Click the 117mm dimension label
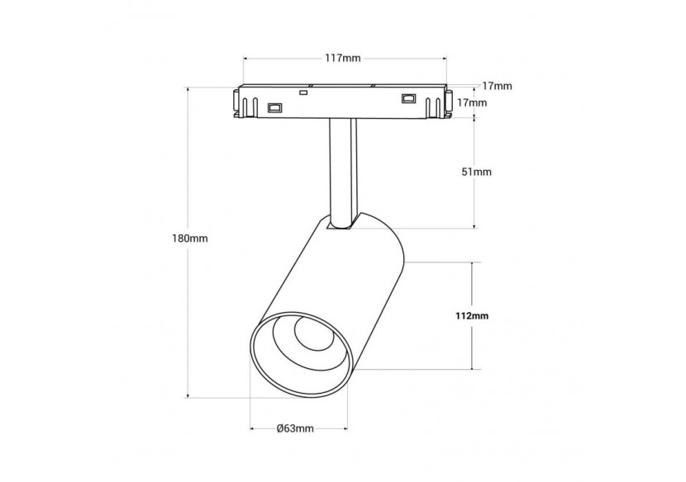point(342,58)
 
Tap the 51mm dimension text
point(476,172)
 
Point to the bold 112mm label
point(471,315)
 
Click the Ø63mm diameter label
point(295,428)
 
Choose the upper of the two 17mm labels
point(497,86)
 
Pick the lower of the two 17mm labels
point(472,102)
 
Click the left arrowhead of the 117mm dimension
point(245,58)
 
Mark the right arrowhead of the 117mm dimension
point(444,58)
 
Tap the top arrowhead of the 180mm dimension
point(188,91)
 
